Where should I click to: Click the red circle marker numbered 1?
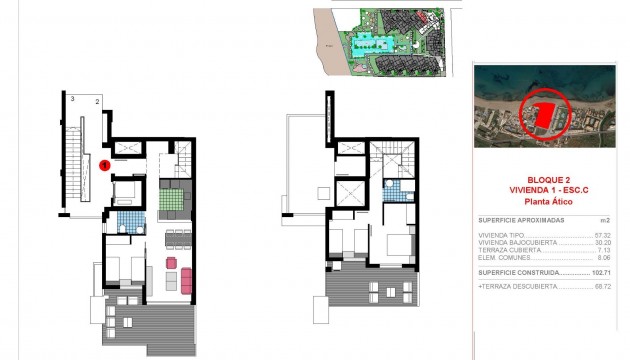104,166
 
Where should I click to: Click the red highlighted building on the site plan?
426,18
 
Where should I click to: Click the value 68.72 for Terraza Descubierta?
601,286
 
